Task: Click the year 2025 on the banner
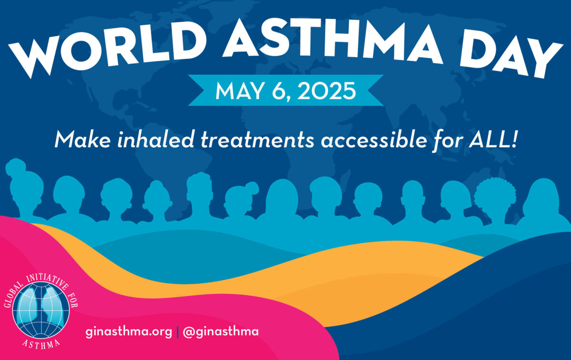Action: point(326,91)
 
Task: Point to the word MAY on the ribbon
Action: point(239,91)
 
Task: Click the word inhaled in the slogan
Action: point(156,140)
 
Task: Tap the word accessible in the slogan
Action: point(374,140)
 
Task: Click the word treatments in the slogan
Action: point(257,140)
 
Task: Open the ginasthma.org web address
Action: point(129,332)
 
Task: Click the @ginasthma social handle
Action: point(221,332)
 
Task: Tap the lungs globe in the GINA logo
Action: point(41,310)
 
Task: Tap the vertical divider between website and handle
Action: point(177,332)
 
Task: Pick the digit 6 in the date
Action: point(278,91)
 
